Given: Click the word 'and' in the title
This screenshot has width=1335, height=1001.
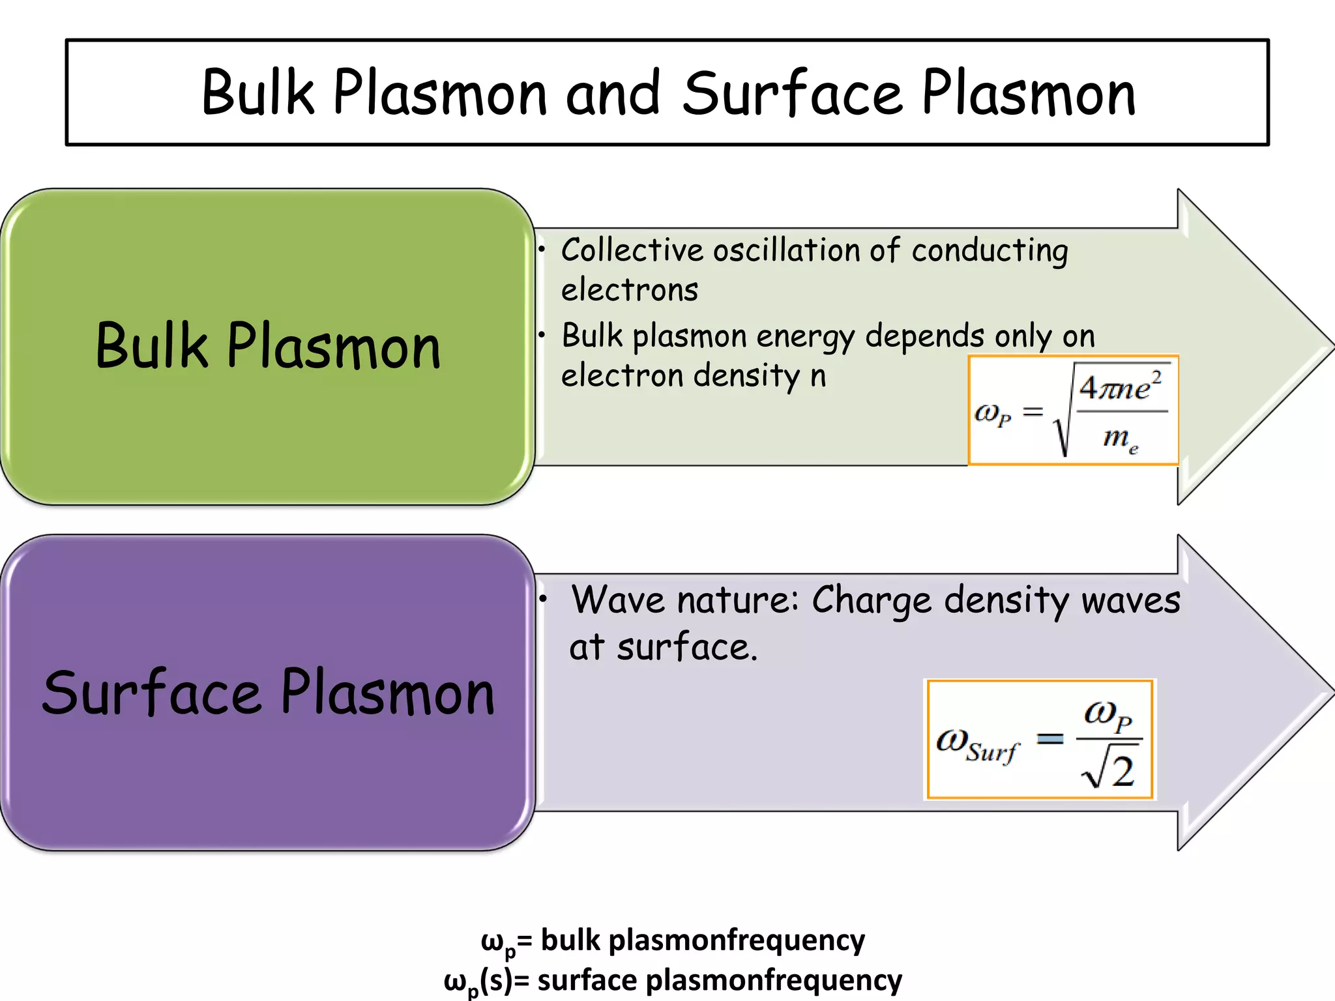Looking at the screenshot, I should (613, 94).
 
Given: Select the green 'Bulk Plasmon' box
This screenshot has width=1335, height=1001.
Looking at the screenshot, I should (267, 346).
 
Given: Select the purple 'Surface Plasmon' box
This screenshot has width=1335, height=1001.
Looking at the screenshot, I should (267, 692).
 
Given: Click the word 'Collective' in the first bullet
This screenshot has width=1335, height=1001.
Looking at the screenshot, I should (632, 250).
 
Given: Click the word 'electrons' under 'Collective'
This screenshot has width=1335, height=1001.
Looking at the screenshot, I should (630, 290).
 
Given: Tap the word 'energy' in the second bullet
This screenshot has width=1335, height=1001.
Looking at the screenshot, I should (806, 337).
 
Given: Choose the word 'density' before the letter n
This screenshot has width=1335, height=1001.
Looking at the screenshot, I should (746, 376).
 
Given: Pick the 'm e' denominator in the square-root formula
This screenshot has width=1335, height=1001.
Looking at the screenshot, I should (1121, 438).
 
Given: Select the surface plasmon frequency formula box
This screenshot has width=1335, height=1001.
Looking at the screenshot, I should (1040, 739).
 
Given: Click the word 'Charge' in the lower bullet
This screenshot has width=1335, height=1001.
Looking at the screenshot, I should (872, 601).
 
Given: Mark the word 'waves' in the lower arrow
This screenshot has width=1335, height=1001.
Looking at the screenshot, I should (1130, 601).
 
